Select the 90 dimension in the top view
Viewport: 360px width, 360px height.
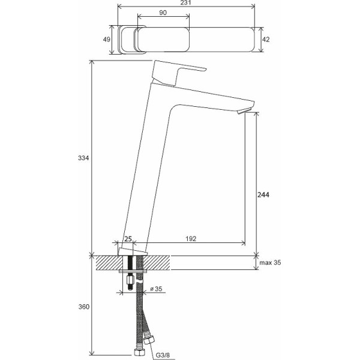tap(163, 13)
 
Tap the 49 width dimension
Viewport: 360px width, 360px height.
tap(106, 40)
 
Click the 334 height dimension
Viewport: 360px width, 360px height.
tap(83, 158)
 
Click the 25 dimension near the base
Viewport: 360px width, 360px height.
tap(127, 239)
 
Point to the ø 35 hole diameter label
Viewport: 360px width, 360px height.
tap(155, 289)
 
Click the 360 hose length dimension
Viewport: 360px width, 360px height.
tap(83, 307)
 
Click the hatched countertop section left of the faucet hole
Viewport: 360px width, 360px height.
tap(109, 263)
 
